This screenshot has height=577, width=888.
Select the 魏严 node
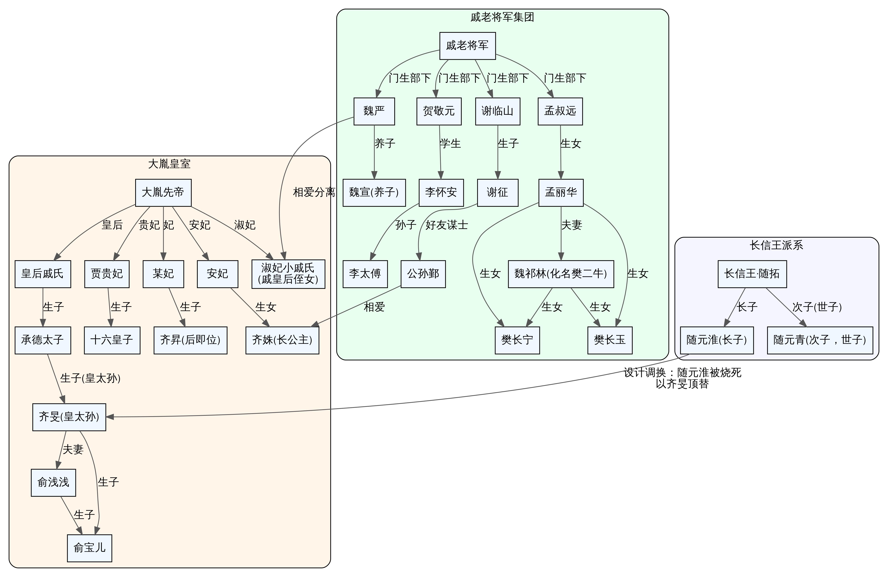click(374, 111)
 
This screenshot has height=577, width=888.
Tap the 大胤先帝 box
click(163, 193)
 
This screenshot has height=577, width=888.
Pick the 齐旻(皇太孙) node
click(69, 417)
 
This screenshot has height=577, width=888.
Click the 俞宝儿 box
click(90, 548)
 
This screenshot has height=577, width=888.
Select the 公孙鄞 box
click(423, 274)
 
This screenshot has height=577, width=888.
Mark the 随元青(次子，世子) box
click(820, 340)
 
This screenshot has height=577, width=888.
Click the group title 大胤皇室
click(169, 164)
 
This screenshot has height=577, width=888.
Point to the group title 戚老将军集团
click(502, 17)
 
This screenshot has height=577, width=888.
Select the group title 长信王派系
click(777, 245)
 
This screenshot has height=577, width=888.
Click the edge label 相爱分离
click(314, 193)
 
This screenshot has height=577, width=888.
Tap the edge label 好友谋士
click(447, 225)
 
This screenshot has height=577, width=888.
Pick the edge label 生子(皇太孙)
click(90, 378)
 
